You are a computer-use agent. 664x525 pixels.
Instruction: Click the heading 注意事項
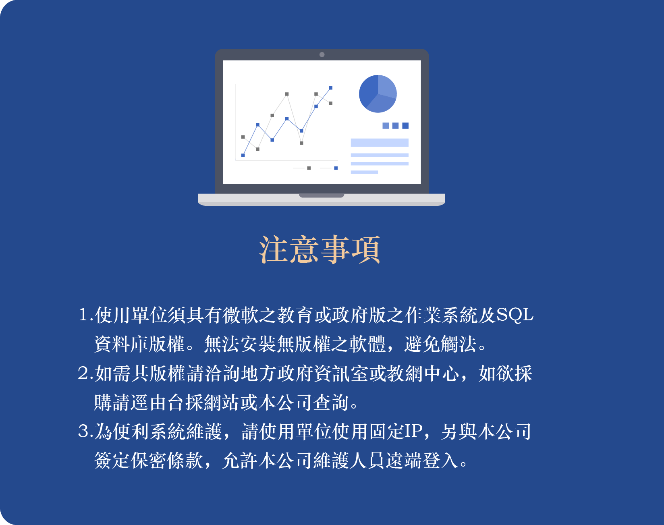tap(320, 250)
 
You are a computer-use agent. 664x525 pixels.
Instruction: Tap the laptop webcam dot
tap(322, 54)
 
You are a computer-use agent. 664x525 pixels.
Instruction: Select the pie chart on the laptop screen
tap(378, 94)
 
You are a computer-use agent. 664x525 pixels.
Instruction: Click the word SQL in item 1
tap(515, 315)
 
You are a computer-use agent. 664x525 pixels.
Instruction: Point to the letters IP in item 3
tap(413, 432)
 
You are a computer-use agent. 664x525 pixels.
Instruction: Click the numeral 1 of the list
tap(83, 315)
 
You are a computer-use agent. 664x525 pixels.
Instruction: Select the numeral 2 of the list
tap(83, 374)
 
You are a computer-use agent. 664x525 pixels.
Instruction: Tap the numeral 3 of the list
tap(83, 432)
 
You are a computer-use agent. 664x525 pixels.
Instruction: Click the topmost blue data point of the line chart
tap(331, 88)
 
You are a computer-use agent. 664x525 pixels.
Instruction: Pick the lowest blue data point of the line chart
tap(243, 155)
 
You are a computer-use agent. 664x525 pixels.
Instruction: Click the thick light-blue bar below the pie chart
tap(380, 143)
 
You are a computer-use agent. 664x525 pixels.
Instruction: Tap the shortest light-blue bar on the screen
tap(364, 172)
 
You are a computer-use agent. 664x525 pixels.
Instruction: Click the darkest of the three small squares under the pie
tap(405, 126)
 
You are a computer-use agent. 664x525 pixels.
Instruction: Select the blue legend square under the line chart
tap(336, 168)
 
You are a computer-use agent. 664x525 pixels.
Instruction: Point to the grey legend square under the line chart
tap(309, 168)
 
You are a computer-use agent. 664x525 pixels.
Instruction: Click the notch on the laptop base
tap(322, 196)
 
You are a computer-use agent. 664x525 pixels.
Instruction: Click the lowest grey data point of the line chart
tap(257, 149)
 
